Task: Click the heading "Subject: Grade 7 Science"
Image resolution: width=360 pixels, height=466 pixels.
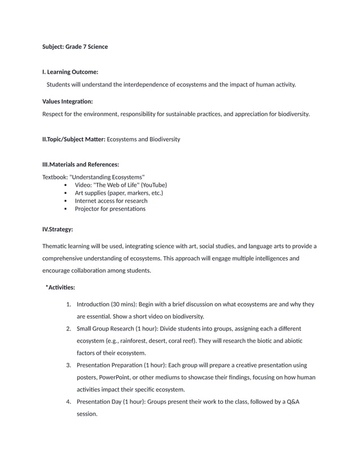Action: (75, 46)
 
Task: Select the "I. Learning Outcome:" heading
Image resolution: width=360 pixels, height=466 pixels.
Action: (71, 72)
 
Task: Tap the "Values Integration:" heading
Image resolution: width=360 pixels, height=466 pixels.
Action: (68, 102)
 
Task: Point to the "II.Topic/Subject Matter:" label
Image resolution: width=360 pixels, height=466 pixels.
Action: (74, 139)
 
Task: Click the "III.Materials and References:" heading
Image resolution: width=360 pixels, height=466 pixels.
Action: (81, 165)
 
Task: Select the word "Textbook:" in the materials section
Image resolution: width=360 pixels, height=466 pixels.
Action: (55, 177)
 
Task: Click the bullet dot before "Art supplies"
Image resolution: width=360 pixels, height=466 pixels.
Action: (67, 193)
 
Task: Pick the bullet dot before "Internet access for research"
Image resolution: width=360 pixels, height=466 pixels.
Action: (67, 201)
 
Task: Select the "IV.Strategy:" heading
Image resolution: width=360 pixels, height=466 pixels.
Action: (58, 229)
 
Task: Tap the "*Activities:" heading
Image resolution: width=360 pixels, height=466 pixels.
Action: (60, 288)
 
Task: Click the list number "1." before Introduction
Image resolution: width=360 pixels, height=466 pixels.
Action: (68, 305)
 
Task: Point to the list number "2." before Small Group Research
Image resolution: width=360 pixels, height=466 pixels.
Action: (68, 328)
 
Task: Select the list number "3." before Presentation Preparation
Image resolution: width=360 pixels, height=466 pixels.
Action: (68, 366)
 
